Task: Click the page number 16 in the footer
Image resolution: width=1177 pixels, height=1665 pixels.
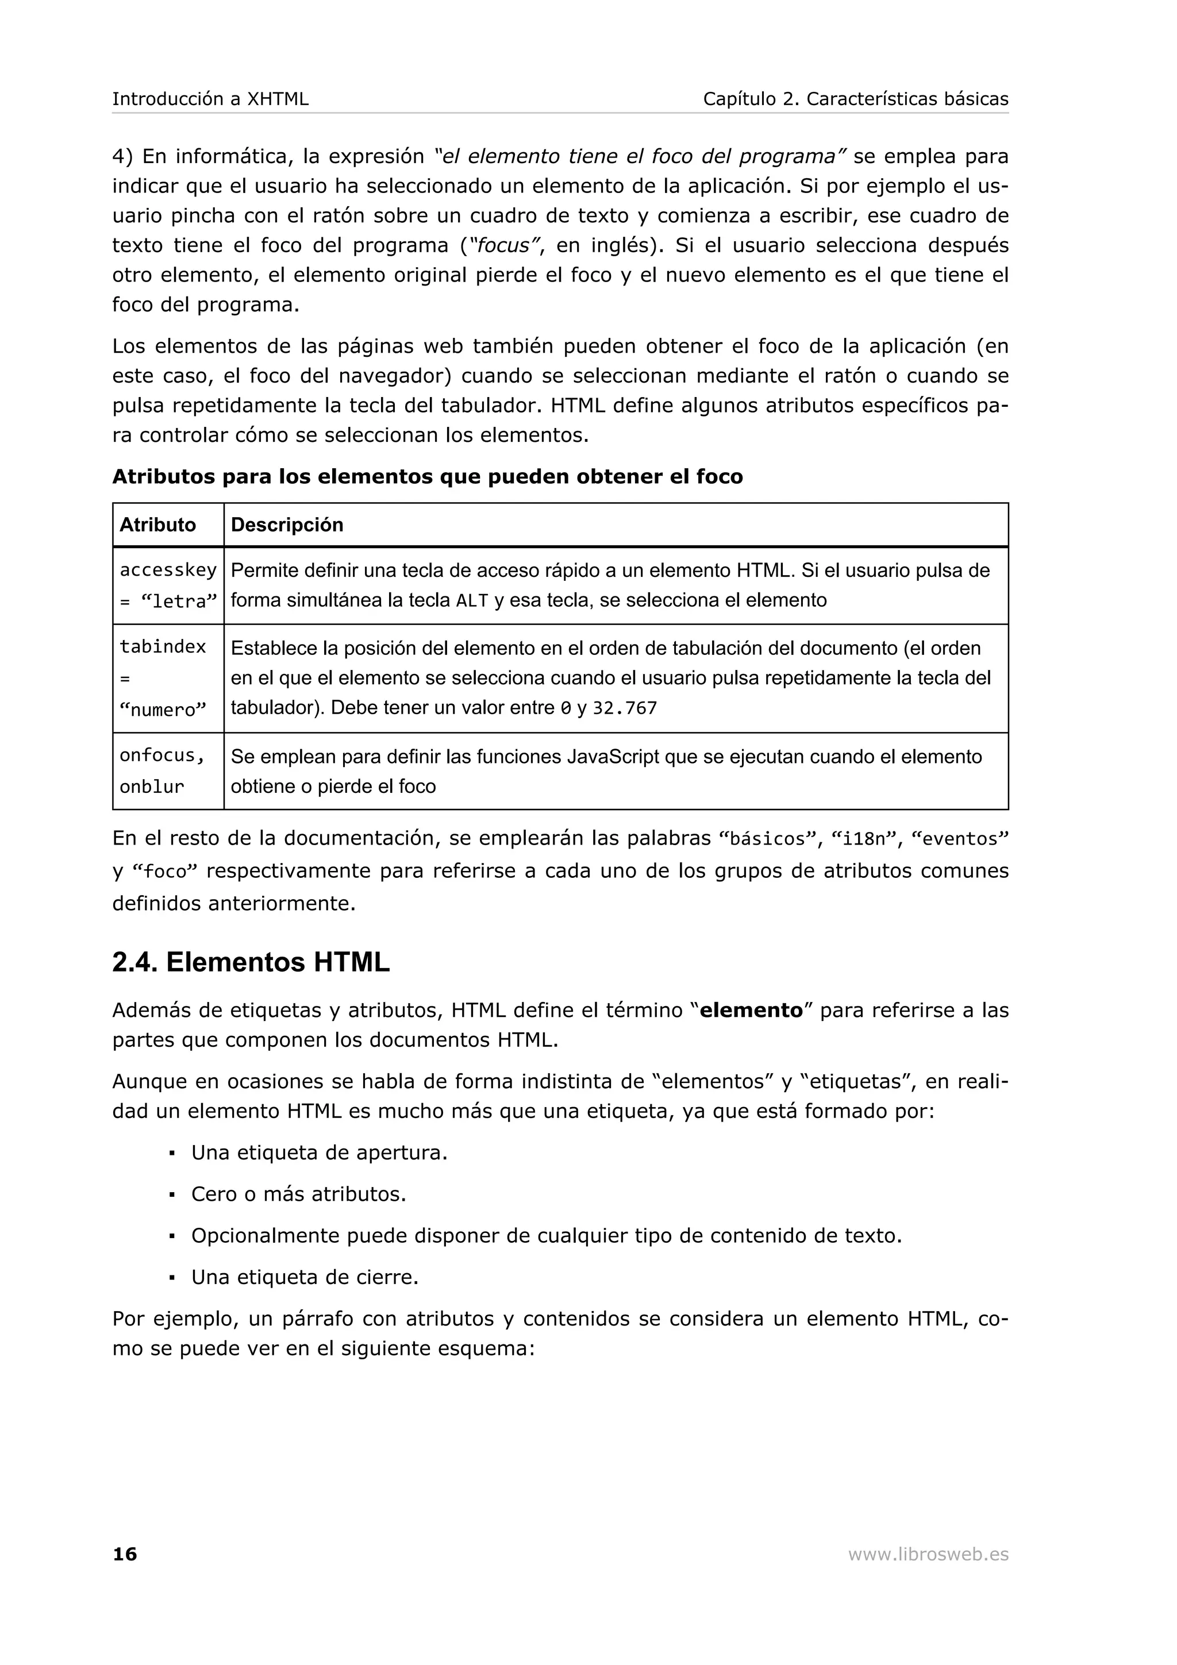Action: pyautogui.click(x=125, y=1554)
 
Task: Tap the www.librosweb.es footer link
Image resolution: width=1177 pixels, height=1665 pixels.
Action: pyautogui.click(x=928, y=1554)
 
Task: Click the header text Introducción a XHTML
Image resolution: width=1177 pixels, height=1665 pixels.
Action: pyautogui.click(x=210, y=99)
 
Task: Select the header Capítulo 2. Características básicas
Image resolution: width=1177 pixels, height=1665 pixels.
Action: pyautogui.click(x=855, y=99)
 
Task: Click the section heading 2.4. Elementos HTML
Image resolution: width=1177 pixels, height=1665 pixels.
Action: pyautogui.click(x=251, y=962)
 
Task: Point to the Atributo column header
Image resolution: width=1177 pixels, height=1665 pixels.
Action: pyautogui.click(x=157, y=525)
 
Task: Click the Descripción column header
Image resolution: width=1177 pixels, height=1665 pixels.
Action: pyautogui.click(x=287, y=525)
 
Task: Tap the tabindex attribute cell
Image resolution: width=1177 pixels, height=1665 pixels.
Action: pyautogui.click(x=163, y=678)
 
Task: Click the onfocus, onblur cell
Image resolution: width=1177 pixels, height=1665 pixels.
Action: pyautogui.click(x=163, y=771)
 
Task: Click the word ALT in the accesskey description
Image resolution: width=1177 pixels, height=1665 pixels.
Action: pyautogui.click(x=472, y=600)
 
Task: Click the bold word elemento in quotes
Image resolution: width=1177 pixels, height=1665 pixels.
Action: pyautogui.click(x=751, y=1010)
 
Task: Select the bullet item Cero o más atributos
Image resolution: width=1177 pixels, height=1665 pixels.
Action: pyautogui.click(x=298, y=1194)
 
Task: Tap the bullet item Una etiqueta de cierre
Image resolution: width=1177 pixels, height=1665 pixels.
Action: pyautogui.click(x=305, y=1277)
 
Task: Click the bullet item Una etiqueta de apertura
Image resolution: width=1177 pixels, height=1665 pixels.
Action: pyautogui.click(x=319, y=1153)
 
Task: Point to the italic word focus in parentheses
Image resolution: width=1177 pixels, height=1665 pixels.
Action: pyautogui.click(x=504, y=246)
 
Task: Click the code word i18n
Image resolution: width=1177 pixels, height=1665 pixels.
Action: pyautogui.click(x=864, y=839)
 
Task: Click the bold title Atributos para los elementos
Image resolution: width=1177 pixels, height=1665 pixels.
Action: pyautogui.click(x=427, y=476)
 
